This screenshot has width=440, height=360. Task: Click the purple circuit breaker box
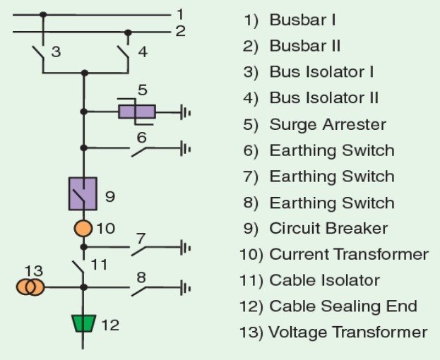click(83, 193)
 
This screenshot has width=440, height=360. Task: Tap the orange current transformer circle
click(83, 229)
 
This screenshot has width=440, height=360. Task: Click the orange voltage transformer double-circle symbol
click(31, 287)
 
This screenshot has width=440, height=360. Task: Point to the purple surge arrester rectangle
click(136, 112)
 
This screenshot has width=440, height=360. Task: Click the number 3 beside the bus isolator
click(56, 52)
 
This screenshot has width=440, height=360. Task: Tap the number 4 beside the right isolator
click(143, 52)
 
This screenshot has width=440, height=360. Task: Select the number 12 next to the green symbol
click(110, 325)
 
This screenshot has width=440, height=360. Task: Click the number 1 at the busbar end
click(180, 13)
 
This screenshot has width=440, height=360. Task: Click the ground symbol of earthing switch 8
click(186, 287)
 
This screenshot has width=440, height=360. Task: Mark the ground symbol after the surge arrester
click(186, 112)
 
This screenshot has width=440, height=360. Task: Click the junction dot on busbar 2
click(128, 32)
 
